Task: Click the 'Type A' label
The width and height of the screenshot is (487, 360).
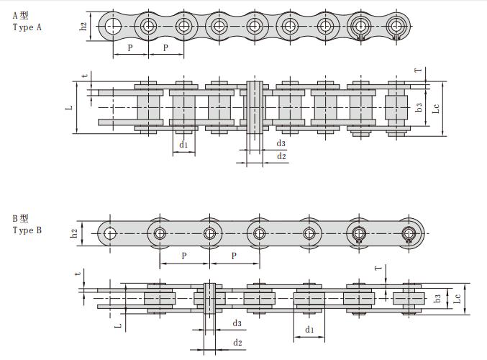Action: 27,27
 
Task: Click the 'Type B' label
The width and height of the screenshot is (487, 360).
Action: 27,230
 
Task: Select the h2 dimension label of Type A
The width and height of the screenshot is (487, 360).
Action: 83,27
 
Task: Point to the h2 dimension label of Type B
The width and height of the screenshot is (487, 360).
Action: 74,233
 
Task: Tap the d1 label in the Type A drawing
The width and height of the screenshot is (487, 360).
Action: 183,145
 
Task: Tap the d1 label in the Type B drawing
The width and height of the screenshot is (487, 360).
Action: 309,330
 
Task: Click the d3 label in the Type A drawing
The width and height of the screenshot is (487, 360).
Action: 281,143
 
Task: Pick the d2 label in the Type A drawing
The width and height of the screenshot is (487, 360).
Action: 281,156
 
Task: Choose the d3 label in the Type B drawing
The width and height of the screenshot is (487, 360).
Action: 237,323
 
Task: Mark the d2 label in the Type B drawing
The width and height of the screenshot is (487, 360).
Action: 237,343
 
